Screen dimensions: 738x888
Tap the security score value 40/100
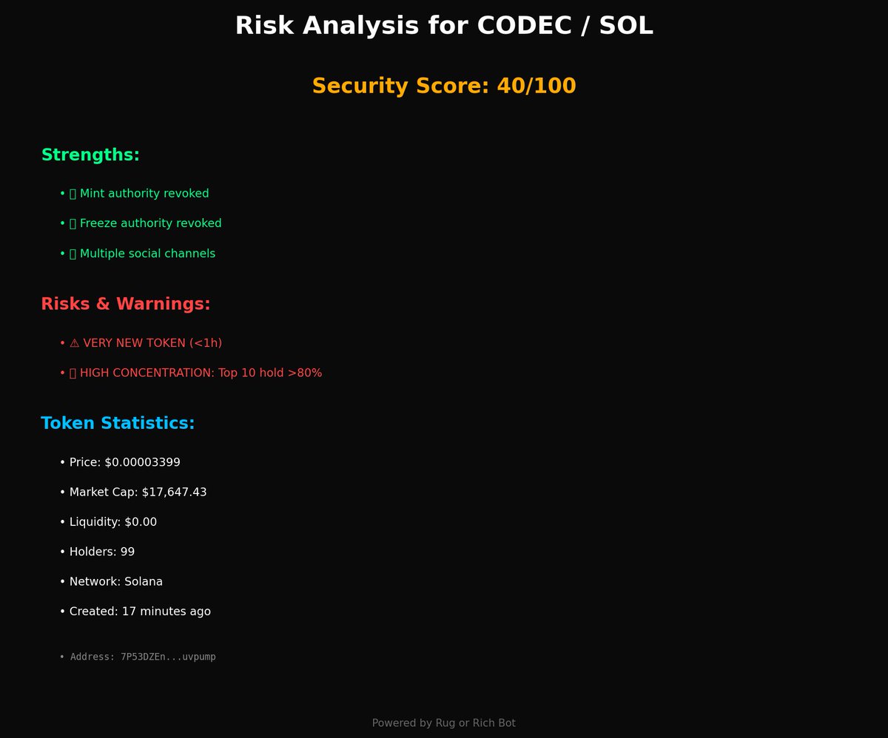[536, 86]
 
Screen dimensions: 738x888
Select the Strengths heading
[90, 155]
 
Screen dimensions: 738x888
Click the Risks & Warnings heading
[126, 304]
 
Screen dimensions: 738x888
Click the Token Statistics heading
[118, 424]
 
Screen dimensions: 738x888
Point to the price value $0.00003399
[142, 462]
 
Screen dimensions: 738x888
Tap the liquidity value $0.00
[141, 522]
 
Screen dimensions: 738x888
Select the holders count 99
[127, 552]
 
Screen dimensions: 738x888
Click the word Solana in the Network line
[144, 582]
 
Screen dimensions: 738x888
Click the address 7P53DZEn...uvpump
[168, 657]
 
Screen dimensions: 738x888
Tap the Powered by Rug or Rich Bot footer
[444, 722]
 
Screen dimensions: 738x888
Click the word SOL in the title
[626, 26]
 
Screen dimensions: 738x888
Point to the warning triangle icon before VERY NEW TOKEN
[74, 343]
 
